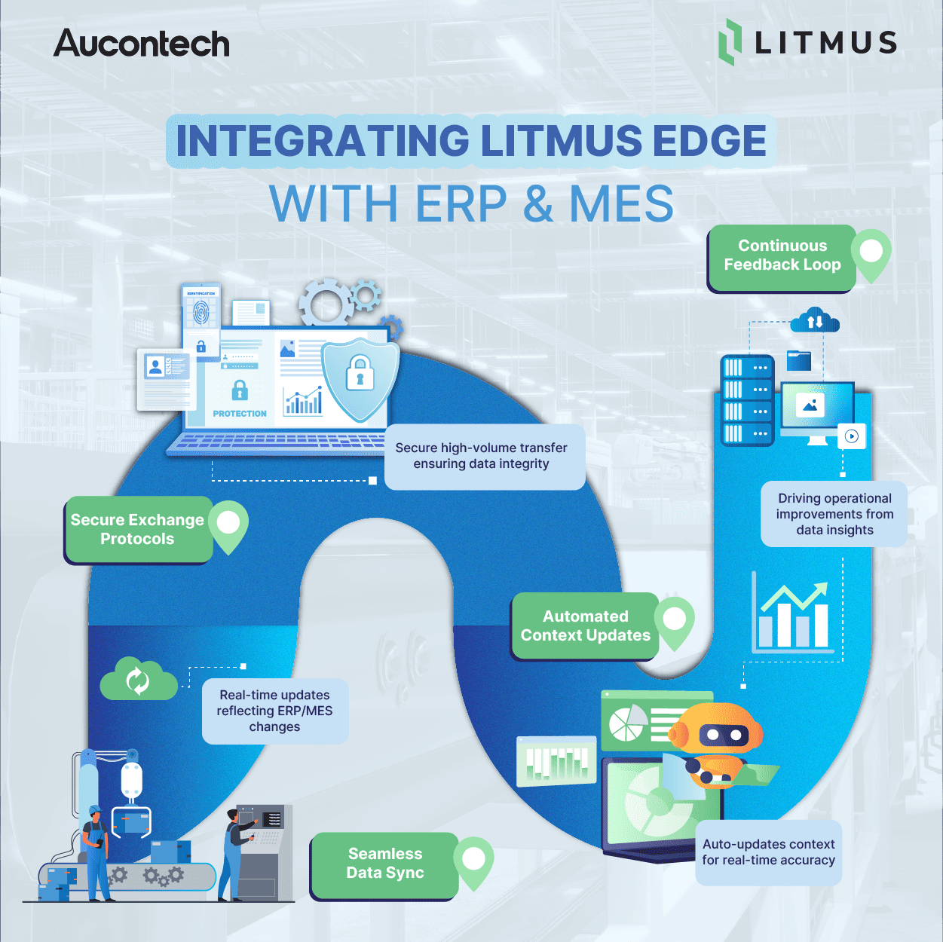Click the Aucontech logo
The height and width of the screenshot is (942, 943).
click(142, 44)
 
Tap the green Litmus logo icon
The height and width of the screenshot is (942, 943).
click(730, 42)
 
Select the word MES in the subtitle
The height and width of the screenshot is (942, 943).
click(621, 203)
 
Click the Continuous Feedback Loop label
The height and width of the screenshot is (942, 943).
click(782, 255)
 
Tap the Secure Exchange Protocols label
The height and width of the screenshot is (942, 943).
click(138, 530)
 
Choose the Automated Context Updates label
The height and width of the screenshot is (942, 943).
click(585, 626)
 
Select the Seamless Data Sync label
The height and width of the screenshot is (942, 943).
click(384, 864)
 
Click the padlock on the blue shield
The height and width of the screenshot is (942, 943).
click(360, 373)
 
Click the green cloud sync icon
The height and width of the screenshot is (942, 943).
click(138, 680)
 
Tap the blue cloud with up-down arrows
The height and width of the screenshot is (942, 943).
click(815, 321)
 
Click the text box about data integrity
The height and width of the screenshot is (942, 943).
click(482, 456)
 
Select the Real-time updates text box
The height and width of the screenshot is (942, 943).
click(274, 711)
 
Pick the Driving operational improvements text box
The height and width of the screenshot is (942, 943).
click(834, 514)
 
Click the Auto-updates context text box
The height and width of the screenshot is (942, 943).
click(768, 852)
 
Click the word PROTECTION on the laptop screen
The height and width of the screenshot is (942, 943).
click(240, 414)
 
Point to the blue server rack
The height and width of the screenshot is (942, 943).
click(746, 400)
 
